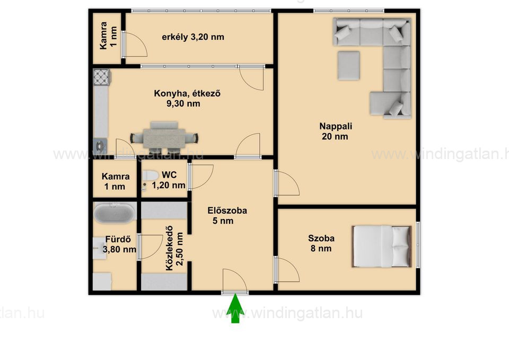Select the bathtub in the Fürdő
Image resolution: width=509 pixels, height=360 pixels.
(x=115, y=213)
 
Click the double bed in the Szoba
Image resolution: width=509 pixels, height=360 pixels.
(x=382, y=247)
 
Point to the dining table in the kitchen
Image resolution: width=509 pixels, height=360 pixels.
(x=164, y=138)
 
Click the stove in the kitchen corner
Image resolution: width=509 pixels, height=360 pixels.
(x=102, y=77)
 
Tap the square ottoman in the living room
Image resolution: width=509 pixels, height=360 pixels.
(x=349, y=65)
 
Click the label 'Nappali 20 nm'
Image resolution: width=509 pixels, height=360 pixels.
(x=335, y=131)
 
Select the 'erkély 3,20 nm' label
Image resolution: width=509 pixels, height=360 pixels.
(x=193, y=37)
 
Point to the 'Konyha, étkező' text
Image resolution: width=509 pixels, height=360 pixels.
(x=187, y=93)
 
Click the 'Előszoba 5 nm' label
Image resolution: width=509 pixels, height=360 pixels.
(x=227, y=216)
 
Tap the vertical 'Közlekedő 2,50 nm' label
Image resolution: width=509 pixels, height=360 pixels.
(x=174, y=248)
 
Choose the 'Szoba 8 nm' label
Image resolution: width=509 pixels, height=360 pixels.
(x=321, y=243)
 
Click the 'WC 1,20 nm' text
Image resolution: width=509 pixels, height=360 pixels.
(x=169, y=180)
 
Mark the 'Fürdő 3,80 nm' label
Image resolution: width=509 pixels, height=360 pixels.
(x=119, y=244)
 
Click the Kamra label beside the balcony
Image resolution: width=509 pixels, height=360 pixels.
(x=108, y=36)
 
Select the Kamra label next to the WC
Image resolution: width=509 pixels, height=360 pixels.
(x=115, y=181)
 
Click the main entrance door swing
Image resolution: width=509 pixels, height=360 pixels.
(x=235, y=281)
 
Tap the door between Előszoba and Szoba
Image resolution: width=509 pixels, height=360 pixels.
(x=287, y=270)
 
